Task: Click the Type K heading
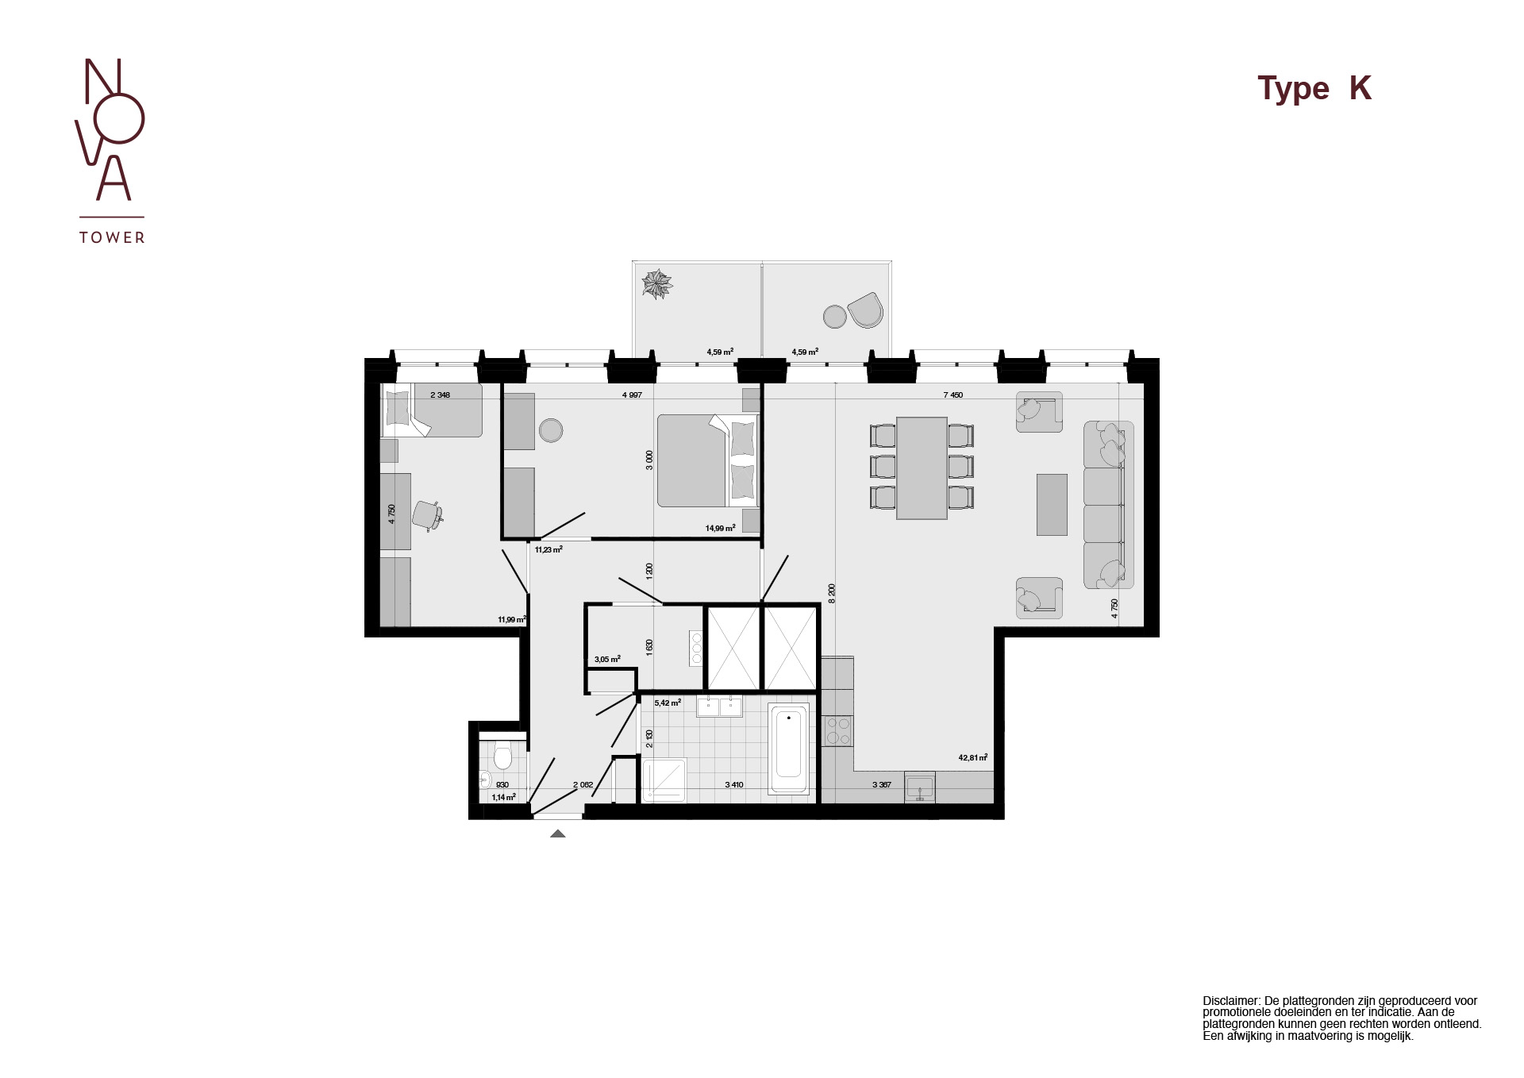(x=1314, y=88)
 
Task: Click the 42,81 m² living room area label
(x=972, y=757)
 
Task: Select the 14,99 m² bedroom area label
(x=720, y=528)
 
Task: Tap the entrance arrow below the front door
(x=558, y=834)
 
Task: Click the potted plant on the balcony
(x=657, y=283)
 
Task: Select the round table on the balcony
(x=834, y=317)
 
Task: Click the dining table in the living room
(x=922, y=468)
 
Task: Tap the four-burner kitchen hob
(x=837, y=730)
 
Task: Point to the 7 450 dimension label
(x=952, y=395)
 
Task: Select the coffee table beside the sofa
(x=1052, y=504)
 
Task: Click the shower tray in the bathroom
(x=664, y=780)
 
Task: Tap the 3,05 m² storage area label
(x=607, y=659)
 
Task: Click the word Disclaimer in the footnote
(x=1230, y=1001)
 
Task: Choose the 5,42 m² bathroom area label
(x=668, y=703)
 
